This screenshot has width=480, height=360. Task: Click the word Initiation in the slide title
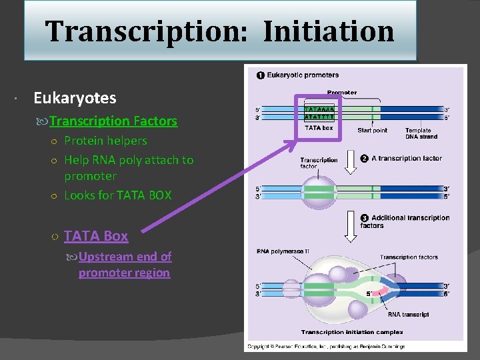[328, 31]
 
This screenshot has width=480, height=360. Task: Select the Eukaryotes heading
[75, 98]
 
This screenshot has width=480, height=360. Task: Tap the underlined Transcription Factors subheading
[113, 121]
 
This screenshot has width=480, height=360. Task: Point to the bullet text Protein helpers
[105, 141]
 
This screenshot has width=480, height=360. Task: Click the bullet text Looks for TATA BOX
[117, 195]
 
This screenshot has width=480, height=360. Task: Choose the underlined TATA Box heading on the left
[96, 236]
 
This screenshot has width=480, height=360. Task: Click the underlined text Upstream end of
[125, 257]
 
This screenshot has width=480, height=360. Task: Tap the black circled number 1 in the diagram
[259, 75]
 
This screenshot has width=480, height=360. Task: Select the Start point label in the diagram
[372, 130]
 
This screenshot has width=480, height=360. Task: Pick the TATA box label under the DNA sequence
[319, 128]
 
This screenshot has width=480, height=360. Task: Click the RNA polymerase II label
[282, 251]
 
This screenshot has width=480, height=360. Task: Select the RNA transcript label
[408, 314]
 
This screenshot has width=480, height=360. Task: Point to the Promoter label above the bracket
[342, 92]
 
